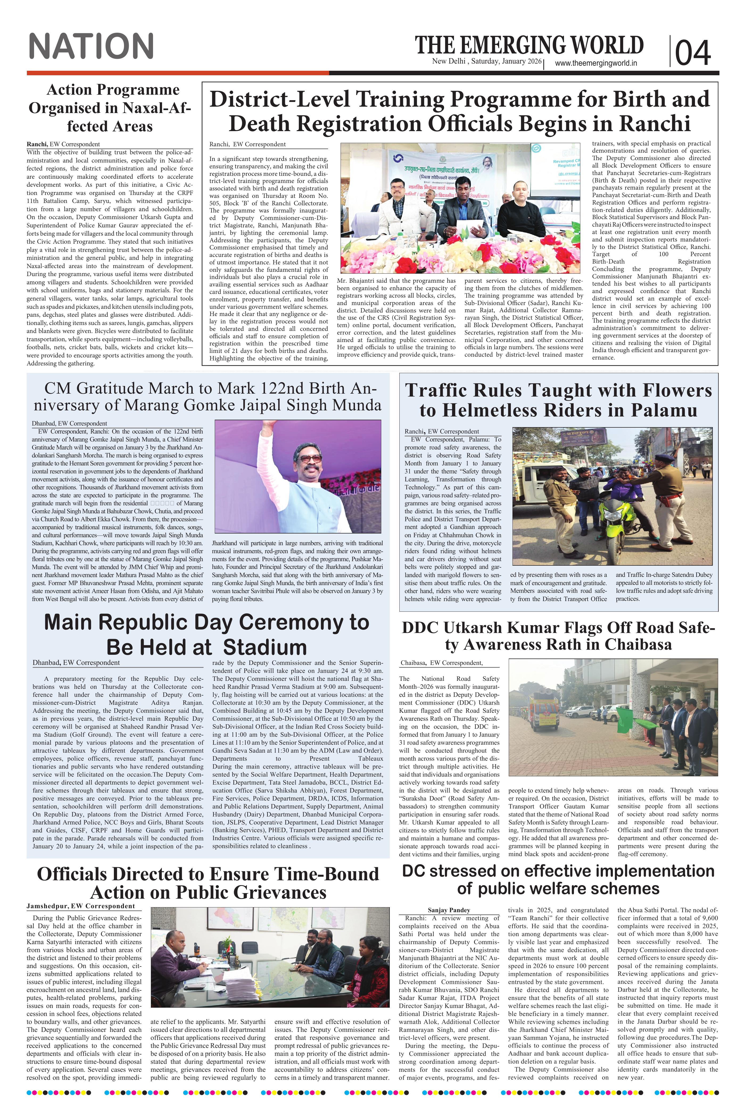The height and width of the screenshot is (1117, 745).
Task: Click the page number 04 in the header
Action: pos(693,52)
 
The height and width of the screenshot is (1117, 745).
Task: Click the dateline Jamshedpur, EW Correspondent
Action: pos(81,906)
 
